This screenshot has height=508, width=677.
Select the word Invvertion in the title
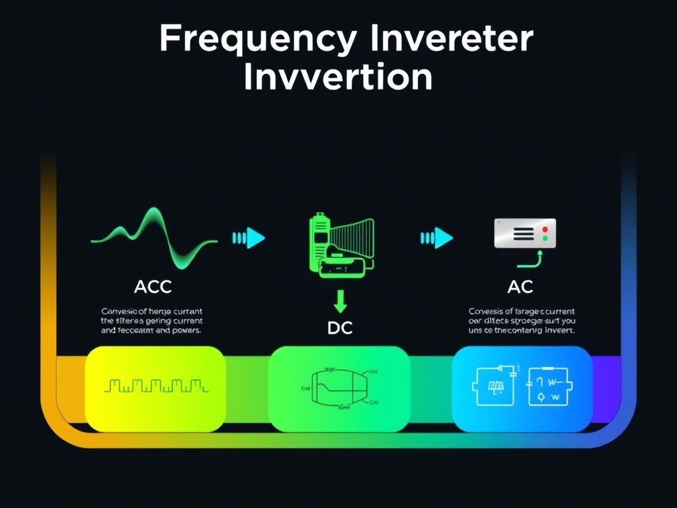click(338, 78)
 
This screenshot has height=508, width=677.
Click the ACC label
click(153, 286)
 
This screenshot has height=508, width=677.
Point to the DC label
click(340, 329)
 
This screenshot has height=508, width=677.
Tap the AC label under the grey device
click(520, 286)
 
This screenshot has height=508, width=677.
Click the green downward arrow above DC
click(340, 302)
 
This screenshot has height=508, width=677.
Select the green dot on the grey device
click(545, 237)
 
